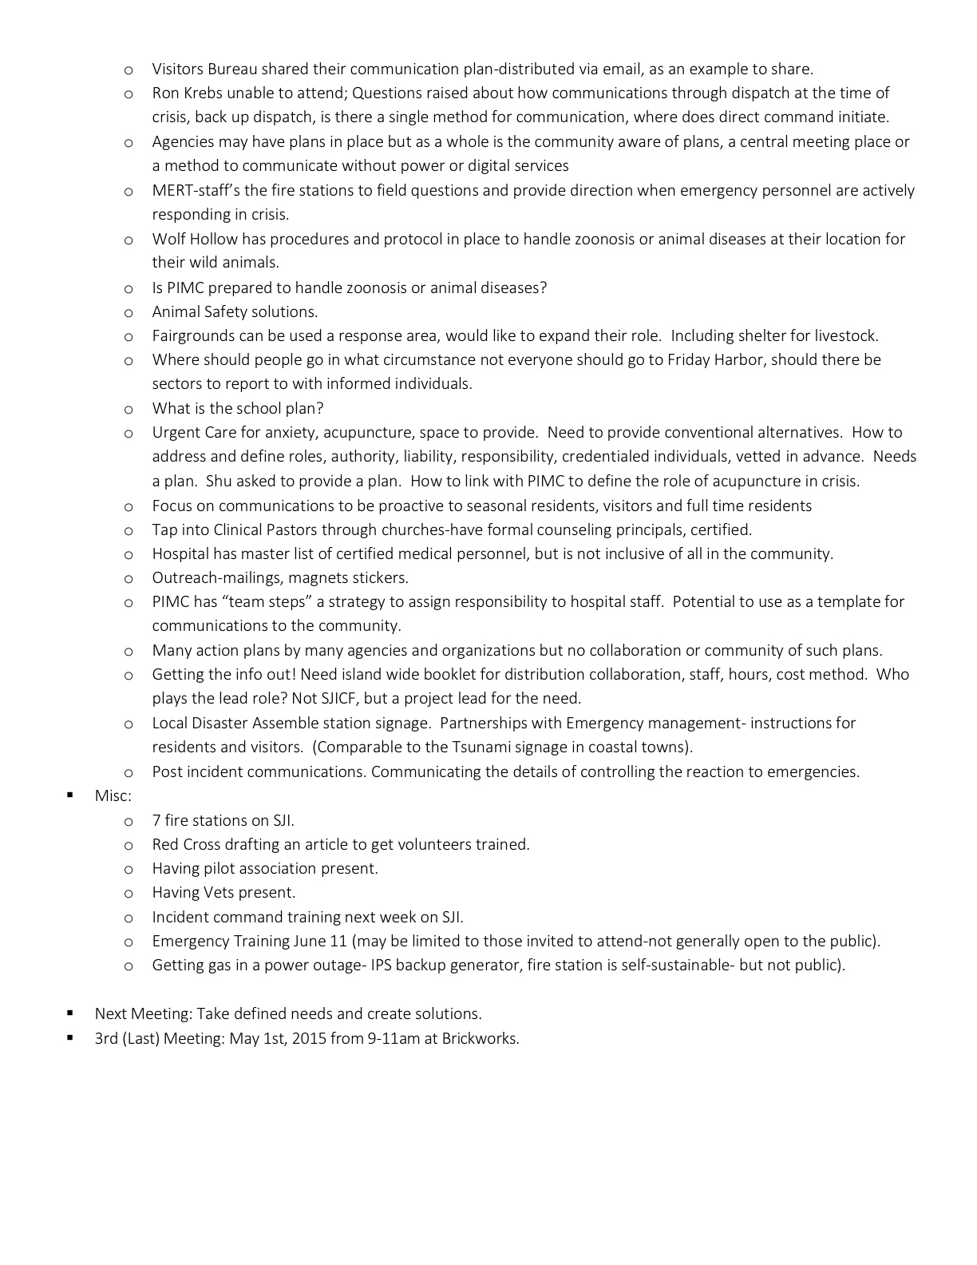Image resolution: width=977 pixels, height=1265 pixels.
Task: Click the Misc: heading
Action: pyautogui.click(x=113, y=796)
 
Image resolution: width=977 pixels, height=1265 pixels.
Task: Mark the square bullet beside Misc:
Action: pyautogui.click(x=70, y=795)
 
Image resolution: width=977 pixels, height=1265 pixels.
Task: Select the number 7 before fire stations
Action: pyautogui.click(x=156, y=821)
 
